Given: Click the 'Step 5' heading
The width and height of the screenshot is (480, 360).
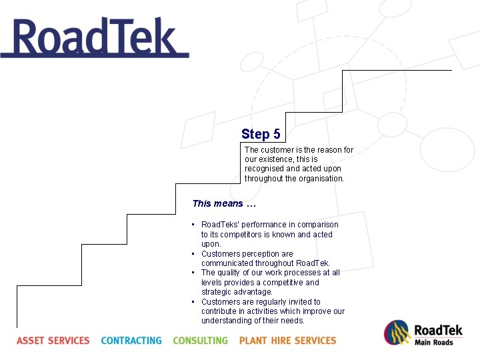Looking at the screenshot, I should coord(261,134).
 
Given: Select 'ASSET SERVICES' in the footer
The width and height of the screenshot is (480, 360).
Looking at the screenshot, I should coord(53,341).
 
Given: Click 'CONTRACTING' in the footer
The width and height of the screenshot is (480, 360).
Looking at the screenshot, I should coord(131,341).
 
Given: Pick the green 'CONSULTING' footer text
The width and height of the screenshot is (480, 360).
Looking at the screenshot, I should coord(200,341).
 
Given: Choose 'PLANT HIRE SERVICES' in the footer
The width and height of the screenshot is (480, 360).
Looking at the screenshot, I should coord(287,341).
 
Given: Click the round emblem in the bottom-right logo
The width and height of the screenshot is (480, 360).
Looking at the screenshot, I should coord(397,333).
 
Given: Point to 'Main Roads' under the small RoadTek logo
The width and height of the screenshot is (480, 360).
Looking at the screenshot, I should coord(433,343).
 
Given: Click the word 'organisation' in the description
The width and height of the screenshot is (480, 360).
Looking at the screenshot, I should coord(322,179).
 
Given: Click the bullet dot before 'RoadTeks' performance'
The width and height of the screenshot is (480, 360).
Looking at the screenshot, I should coord(193,225).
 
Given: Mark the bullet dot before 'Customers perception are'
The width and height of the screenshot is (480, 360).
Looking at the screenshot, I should coord(193,254).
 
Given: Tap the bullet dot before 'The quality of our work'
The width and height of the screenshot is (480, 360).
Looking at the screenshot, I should coord(193,273).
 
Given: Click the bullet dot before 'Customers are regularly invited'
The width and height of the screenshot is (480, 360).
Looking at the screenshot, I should coord(193,302).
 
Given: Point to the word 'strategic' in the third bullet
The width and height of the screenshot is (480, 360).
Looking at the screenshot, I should coord(217,292).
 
